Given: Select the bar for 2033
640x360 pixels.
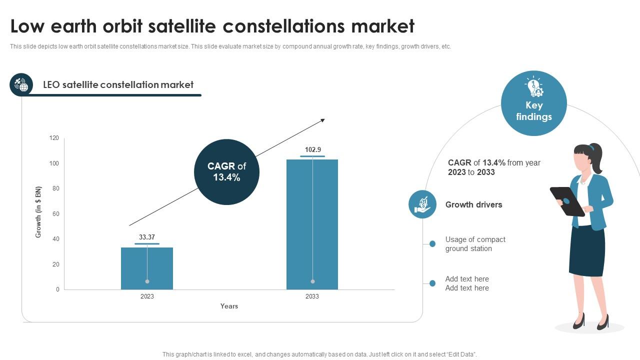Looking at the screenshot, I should pos(312,224).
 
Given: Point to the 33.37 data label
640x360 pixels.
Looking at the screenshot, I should pos(147,237).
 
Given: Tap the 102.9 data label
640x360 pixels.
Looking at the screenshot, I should pos(313,149).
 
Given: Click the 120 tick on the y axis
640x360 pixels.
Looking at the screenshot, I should pos(54,138).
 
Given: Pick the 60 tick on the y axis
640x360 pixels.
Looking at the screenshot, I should pos(55,214).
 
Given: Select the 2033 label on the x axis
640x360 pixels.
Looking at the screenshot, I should pos(312,296).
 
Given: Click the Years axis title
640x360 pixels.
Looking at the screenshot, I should pos(229,306).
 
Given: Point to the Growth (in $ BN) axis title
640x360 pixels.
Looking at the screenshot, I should pos(38,212).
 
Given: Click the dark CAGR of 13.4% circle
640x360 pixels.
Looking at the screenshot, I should pos(226,172).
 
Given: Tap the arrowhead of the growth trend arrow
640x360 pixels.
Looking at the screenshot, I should pos(322,120).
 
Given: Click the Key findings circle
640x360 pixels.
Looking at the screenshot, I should pos(533,103).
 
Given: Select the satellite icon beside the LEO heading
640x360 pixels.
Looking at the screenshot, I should pos(21,84).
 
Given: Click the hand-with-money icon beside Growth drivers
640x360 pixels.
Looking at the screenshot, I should pos(422,204).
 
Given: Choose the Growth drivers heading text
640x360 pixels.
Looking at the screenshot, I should pos(473,204).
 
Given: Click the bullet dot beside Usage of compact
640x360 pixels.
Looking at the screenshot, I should pos(432,244).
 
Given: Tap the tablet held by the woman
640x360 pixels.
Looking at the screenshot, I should pos(567,201).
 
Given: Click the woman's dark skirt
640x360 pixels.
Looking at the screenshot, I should pos(587,250).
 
